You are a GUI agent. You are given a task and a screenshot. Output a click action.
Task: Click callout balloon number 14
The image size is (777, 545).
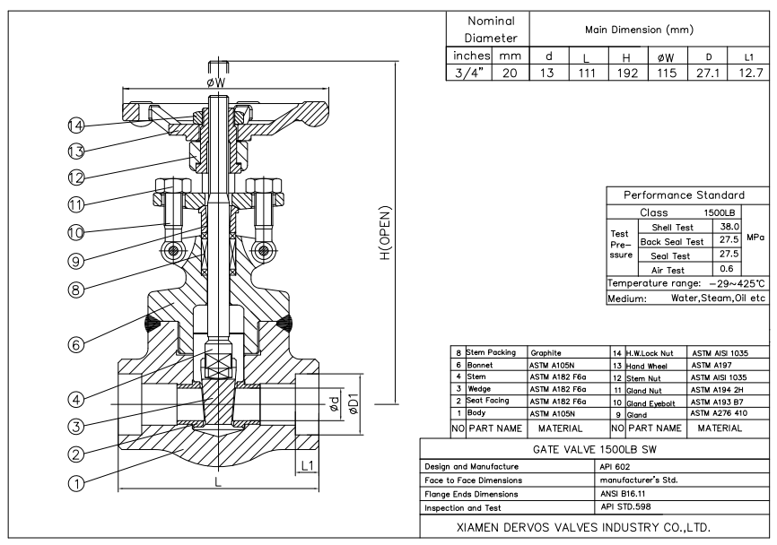tap(76, 125)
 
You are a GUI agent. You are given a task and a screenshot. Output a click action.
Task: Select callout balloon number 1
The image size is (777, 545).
tap(76, 483)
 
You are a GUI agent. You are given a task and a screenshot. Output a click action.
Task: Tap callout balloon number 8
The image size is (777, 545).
tap(76, 290)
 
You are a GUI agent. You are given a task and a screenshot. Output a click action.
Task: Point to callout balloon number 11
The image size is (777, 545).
tap(76, 204)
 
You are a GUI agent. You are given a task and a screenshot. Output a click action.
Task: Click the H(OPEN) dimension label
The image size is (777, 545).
tap(386, 233)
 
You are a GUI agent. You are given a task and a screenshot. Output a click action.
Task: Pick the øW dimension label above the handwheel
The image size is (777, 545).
tap(216, 82)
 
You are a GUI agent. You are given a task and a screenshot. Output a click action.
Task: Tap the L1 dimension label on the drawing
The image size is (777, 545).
tap(307, 465)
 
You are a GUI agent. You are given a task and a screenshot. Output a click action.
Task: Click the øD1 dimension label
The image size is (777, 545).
tap(354, 404)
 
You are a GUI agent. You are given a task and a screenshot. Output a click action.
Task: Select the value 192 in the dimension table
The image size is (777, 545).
tap(627, 74)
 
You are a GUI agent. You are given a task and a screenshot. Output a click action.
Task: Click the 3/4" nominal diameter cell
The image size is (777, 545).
tap(468, 74)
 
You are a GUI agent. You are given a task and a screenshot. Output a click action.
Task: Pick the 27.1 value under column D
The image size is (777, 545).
tap(708, 74)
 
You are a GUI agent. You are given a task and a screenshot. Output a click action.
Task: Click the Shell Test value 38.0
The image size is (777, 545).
tap(729, 227)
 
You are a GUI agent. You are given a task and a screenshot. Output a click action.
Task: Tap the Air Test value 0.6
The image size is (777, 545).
tap(727, 269)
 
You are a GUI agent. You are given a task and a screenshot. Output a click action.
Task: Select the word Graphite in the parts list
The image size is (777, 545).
tap(546, 353)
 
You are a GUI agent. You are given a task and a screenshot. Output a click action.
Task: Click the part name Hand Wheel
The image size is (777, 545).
tap(646, 367)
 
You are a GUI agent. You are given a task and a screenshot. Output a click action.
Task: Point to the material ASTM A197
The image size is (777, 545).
tap(712, 366)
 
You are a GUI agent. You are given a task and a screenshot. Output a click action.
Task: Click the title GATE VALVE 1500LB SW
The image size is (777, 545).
tap(595, 449)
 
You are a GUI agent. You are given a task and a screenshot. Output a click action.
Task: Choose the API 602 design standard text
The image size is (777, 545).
tap(615, 466)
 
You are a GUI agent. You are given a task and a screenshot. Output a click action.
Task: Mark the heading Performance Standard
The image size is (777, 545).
tap(684, 195)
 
